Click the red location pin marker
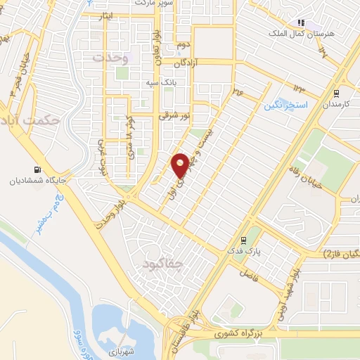pyautogui.click(x=180, y=165)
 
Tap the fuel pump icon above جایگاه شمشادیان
pyautogui.click(x=37, y=169)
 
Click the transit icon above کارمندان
pyautogui.click(x=336, y=92)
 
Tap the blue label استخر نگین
pyautogui.click(x=285, y=105)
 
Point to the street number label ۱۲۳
pyautogui.click(x=299, y=89)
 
